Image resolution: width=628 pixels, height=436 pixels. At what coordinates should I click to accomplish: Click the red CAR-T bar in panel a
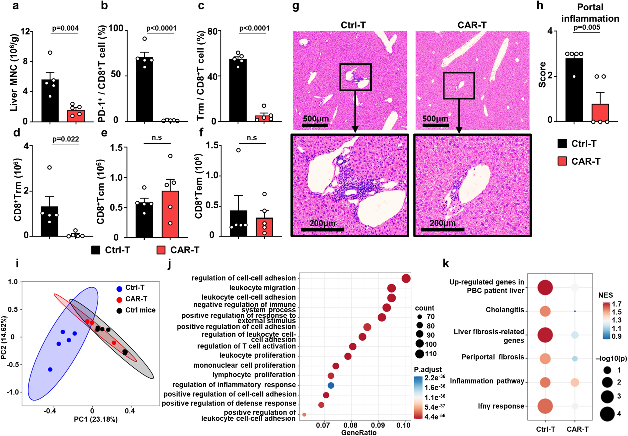[x=76, y=116]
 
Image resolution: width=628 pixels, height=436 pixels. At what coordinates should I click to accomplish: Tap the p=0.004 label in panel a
[x=65, y=28]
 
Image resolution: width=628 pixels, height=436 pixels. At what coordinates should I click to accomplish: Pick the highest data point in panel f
[x=239, y=150]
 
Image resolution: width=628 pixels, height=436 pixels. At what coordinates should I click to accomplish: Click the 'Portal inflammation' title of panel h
[x=590, y=13]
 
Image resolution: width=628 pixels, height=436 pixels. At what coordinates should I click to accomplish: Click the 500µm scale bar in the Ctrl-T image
[x=315, y=125]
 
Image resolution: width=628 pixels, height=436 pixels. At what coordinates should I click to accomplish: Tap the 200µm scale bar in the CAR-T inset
[x=442, y=229]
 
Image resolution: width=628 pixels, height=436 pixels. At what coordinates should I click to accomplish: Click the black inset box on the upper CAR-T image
[x=459, y=86]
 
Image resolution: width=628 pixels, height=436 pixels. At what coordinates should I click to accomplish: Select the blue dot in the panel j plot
[x=331, y=385]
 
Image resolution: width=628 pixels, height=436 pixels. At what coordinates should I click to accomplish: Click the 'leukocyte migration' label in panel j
[x=262, y=288]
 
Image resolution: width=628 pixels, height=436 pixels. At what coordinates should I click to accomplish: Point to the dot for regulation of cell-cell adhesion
[x=406, y=278]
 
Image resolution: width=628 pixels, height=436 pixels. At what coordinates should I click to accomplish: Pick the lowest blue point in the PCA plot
[x=50, y=370]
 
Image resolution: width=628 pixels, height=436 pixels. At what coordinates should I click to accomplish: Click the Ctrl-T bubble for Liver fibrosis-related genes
[x=545, y=335]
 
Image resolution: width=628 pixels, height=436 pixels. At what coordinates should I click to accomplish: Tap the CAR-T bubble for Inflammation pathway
[x=575, y=382]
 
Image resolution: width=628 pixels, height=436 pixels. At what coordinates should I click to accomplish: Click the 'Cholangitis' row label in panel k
[x=505, y=310]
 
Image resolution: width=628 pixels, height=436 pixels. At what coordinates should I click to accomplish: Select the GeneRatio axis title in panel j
[x=359, y=433]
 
